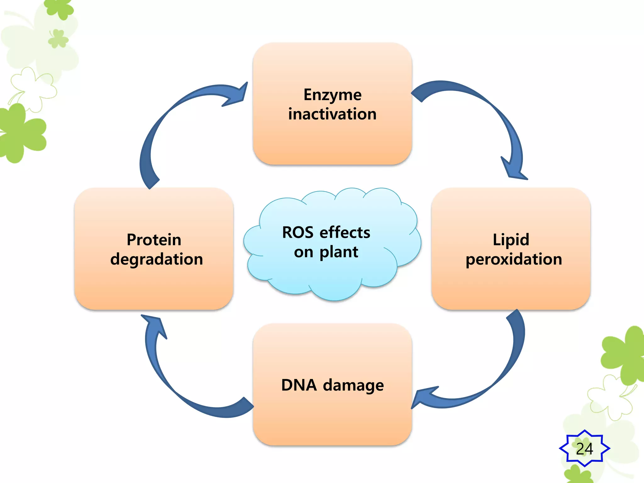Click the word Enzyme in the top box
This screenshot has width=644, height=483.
point(332,95)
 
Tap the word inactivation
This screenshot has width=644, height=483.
point(332,114)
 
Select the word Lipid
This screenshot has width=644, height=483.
point(511,240)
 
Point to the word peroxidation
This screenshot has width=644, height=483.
point(514,259)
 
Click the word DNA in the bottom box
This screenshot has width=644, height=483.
point(299,385)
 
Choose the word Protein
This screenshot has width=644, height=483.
point(154,240)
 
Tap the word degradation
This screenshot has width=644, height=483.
point(157,259)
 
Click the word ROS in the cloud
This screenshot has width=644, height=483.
point(297,233)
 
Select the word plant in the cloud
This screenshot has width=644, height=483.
point(339,252)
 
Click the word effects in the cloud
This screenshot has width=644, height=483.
point(345,233)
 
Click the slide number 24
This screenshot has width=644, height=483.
point(584,449)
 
